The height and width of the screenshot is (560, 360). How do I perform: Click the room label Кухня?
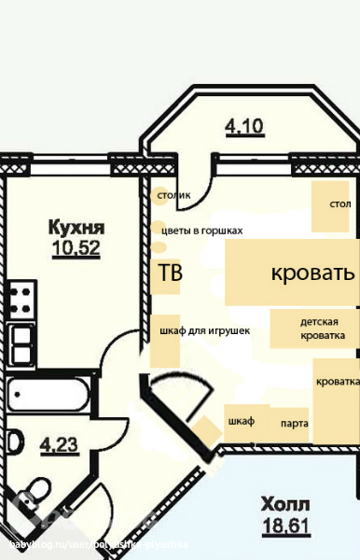click(x=76, y=227)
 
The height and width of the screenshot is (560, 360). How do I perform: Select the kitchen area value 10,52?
click(x=76, y=247)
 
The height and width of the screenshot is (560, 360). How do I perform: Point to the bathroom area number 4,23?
click(x=59, y=445)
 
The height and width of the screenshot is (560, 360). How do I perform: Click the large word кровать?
click(x=312, y=273)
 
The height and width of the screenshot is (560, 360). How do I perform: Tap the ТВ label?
click(x=171, y=273)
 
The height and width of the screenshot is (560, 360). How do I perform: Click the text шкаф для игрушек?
click(x=204, y=329)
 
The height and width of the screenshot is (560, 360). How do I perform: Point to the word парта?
click(x=295, y=424)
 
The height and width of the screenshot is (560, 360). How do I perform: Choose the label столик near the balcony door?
click(x=174, y=195)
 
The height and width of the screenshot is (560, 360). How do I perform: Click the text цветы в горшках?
click(x=202, y=230)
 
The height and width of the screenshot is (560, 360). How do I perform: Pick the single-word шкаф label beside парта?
click(x=241, y=421)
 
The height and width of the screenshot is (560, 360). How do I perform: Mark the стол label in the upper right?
click(x=339, y=203)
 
